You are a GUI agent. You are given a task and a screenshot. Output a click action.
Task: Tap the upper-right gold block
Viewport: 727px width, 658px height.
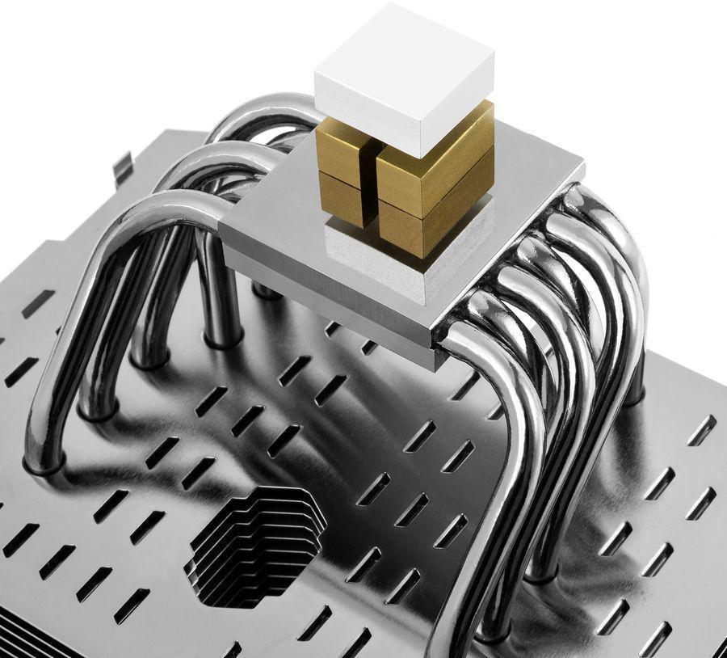click(x=436, y=154)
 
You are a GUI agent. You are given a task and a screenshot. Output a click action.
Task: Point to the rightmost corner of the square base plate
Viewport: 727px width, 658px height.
click(x=583, y=166)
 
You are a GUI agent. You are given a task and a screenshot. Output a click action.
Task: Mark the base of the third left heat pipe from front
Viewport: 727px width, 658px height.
click(x=150, y=360)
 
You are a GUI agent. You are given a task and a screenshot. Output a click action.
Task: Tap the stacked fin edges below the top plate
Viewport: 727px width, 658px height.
click(x=32, y=639)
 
